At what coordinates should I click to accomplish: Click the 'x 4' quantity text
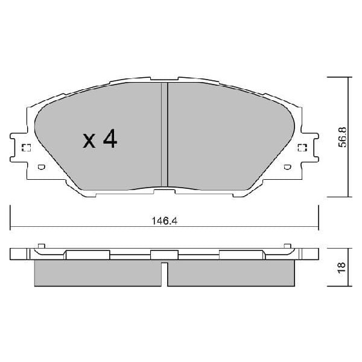click(100, 140)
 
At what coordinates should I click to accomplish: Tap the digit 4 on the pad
click(110, 139)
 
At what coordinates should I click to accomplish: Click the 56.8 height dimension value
click(341, 138)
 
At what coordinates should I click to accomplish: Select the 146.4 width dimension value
click(164, 221)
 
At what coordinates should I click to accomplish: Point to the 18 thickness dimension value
click(341, 267)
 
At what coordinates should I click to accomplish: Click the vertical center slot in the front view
click(163, 135)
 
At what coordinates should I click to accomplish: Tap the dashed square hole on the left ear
click(26, 149)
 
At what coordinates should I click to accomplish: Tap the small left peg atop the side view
click(41, 246)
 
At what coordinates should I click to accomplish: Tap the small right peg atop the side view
click(286, 246)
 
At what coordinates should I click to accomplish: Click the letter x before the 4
click(89, 142)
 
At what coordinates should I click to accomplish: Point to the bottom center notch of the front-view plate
click(163, 192)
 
